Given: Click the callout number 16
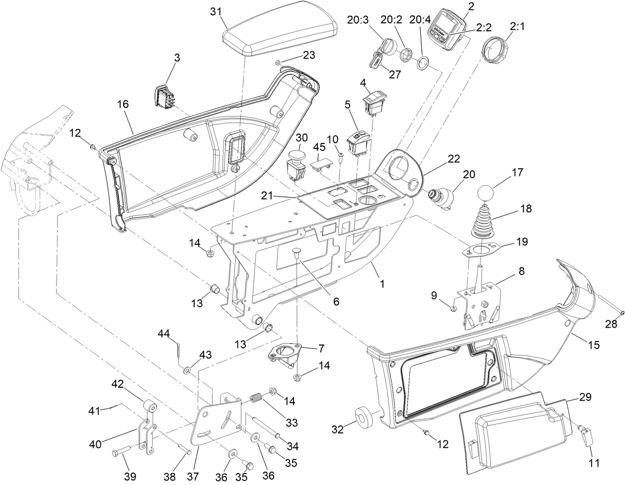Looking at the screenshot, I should coord(123,104).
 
